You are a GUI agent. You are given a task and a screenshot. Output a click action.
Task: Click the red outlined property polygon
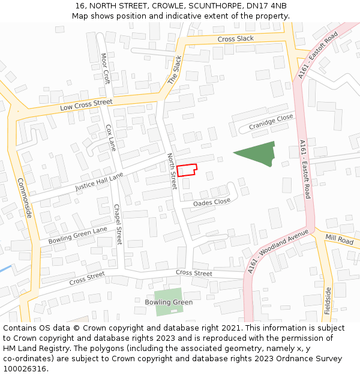click(x=186, y=170)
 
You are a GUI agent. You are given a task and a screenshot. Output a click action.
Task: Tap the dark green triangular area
click(x=257, y=154)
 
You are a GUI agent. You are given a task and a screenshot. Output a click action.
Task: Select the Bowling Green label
click(x=169, y=302)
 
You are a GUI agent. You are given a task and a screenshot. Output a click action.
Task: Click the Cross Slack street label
click(x=235, y=39)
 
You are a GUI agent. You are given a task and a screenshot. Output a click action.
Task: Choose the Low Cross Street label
click(x=86, y=106)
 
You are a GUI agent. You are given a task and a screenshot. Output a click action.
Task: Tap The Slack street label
click(x=175, y=70)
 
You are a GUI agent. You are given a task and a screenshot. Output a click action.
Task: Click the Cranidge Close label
click(x=271, y=122)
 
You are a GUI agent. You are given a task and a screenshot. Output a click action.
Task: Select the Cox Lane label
click(x=110, y=137)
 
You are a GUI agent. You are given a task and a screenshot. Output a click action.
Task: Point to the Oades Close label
click(x=212, y=203)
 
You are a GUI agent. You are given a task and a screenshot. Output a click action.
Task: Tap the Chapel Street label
click(x=118, y=224)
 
